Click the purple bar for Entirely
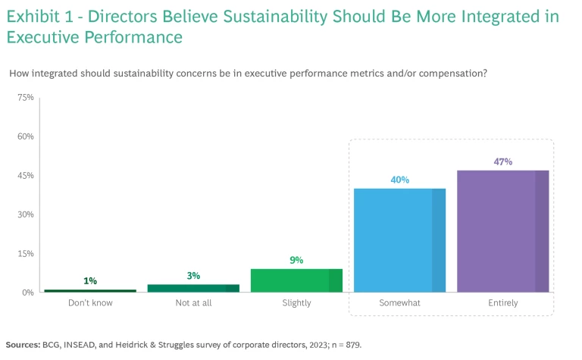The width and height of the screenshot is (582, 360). pyautogui.click(x=503, y=231)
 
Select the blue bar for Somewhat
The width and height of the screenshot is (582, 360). pyautogui.click(x=400, y=240)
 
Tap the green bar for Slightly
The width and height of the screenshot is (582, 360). pyautogui.click(x=296, y=280)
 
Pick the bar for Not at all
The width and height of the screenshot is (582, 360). pyautogui.click(x=193, y=288)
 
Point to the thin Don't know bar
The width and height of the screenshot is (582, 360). pyautogui.click(x=90, y=290)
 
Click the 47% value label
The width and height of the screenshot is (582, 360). pyautogui.click(x=503, y=161)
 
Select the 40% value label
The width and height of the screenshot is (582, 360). pyautogui.click(x=400, y=180)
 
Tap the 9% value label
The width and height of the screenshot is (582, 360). pyautogui.click(x=296, y=260)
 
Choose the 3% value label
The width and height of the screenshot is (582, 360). pyautogui.click(x=193, y=276)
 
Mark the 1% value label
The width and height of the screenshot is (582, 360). pyautogui.click(x=90, y=281)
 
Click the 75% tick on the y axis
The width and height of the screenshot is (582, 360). pyautogui.click(x=26, y=98)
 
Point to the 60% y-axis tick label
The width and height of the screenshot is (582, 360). pyautogui.click(x=26, y=136)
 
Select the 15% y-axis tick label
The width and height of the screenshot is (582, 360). pyautogui.click(x=26, y=253)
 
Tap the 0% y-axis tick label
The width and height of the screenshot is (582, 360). pyautogui.click(x=28, y=293)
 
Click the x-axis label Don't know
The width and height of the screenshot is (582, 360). pyautogui.click(x=90, y=303)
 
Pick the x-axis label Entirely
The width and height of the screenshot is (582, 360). pyautogui.click(x=503, y=303)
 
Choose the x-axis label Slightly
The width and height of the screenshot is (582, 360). pyautogui.click(x=296, y=303)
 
